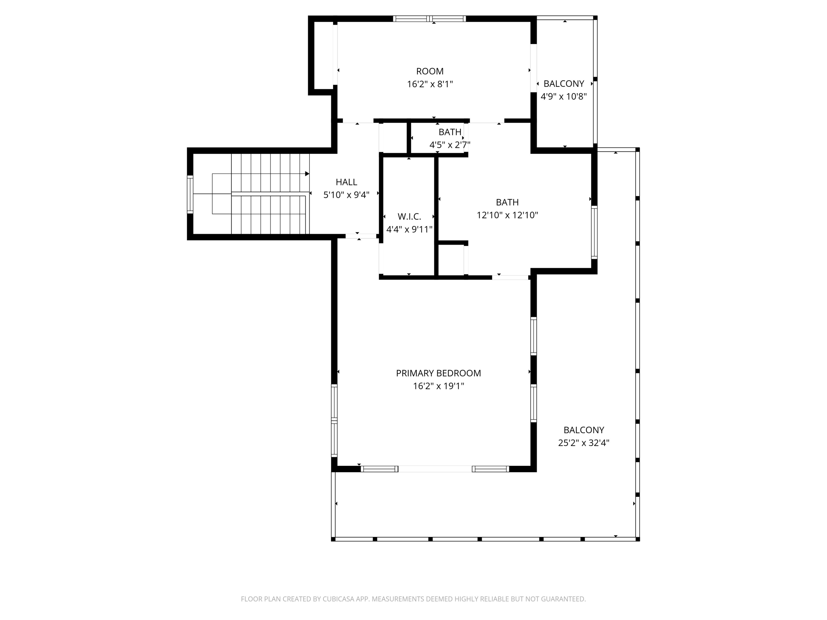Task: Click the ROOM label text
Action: coord(430,71)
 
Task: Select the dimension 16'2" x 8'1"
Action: coord(430,84)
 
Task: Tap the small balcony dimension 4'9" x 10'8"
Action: coord(563,96)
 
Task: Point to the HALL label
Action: coord(346,182)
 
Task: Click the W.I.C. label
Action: coord(409,217)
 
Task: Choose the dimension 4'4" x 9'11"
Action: coord(409,230)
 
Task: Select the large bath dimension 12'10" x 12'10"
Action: coord(507,215)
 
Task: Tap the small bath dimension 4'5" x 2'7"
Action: coord(449,145)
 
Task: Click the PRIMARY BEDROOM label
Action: coord(438,373)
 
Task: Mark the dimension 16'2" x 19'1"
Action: coord(438,386)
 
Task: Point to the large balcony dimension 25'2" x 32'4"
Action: coord(584,443)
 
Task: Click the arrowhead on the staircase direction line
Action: coord(307,174)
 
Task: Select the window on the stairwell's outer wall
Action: coord(190,194)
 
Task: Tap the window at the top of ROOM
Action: coord(430,19)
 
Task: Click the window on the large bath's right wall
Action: coord(594,232)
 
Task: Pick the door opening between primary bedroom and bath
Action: coord(510,277)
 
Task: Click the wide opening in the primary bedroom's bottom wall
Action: coord(435,469)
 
